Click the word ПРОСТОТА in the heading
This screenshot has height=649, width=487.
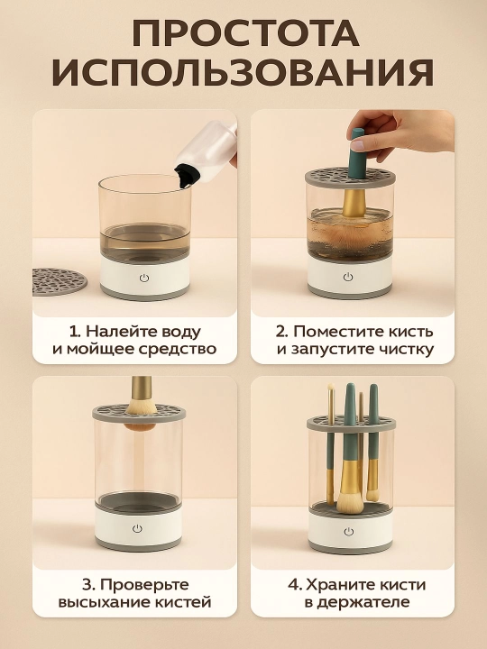pos(245,33)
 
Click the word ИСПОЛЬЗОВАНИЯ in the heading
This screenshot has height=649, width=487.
pos(243,73)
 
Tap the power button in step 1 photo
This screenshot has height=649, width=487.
pos(143,278)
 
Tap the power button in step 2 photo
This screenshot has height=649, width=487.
pos(348,277)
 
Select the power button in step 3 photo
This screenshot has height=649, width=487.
pos(137,528)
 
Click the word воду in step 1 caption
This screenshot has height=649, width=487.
pos(180,332)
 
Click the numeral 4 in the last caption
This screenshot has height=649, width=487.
pos(294,585)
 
